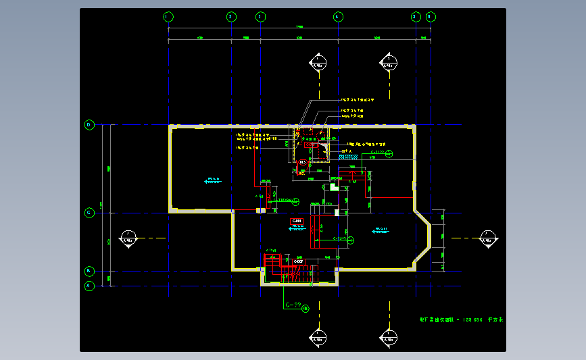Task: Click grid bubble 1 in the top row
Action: (x=168, y=16)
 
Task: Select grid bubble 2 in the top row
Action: (x=231, y=16)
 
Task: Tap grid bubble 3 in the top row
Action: (x=261, y=16)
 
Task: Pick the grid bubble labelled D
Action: (x=89, y=125)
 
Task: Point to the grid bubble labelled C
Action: (x=89, y=213)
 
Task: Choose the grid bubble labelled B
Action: (x=89, y=271)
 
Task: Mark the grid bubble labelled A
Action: (x=89, y=286)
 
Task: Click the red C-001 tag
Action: (x=297, y=222)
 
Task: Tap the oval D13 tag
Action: (x=303, y=163)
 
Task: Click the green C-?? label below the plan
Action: (x=293, y=305)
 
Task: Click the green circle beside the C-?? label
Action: (x=306, y=309)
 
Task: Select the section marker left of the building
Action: (x=127, y=238)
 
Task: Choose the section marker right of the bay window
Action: (x=487, y=238)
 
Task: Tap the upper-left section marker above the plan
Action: (x=318, y=62)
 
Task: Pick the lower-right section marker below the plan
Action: (x=389, y=337)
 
